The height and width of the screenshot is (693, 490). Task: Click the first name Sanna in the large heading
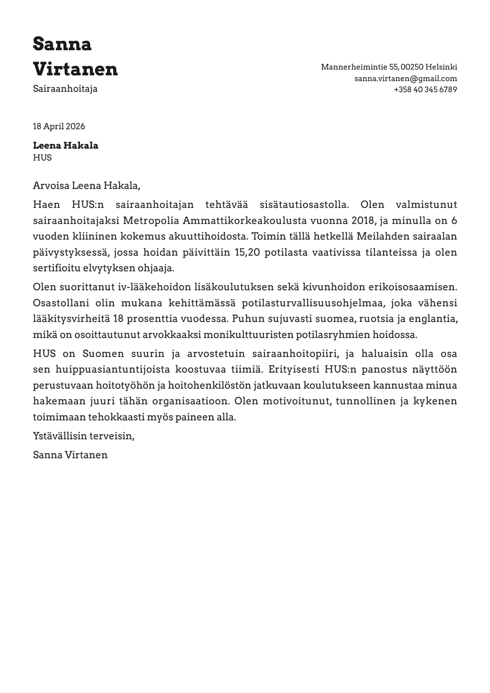pyautogui.click(x=62, y=44)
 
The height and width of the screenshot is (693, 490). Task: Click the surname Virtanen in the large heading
pyautogui.click(x=75, y=69)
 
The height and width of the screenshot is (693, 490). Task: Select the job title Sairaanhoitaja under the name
pyautogui.click(x=65, y=89)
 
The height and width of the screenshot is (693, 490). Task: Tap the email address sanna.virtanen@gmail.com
pyautogui.click(x=406, y=78)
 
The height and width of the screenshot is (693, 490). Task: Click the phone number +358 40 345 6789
pyautogui.click(x=425, y=89)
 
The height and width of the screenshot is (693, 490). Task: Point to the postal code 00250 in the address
pyautogui.click(x=412, y=67)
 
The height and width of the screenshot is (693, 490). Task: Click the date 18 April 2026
pyautogui.click(x=59, y=126)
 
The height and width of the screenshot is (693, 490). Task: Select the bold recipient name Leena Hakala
pyautogui.click(x=65, y=145)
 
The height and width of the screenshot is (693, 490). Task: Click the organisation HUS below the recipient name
pyautogui.click(x=42, y=157)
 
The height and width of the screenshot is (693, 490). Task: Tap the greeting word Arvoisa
pyautogui.click(x=51, y=186)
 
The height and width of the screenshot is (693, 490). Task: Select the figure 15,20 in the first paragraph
pyautogui.click(x=247, y=252)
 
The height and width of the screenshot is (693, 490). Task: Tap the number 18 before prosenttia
pyautogui.click(x=118, y=319)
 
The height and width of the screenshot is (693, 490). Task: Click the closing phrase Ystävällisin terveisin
pyautogui.click(x=84, y=436)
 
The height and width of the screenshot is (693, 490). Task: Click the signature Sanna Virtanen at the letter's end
pyautogui.click(x=70, y=455)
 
